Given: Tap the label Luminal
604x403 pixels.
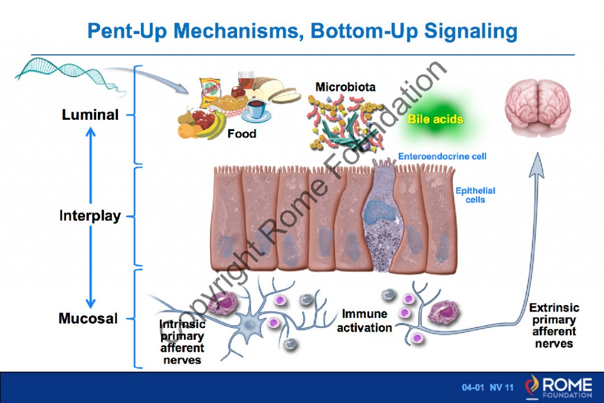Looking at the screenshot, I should pos(90,114).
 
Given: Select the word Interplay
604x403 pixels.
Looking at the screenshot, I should pos(90,216).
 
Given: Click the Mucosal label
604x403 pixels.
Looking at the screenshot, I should pos(88,319).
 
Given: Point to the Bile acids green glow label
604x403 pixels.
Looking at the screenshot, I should pos(436,120).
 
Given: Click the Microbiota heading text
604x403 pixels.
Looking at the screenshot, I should pos(345,87).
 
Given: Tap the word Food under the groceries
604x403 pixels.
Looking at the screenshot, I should pos(242,134).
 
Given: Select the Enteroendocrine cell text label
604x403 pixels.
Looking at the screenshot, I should pos(442,156).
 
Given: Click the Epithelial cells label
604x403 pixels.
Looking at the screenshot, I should pos(475,195).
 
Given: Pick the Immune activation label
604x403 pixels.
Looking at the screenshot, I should pos(364,320).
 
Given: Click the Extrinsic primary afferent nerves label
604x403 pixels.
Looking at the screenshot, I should pos(554,325).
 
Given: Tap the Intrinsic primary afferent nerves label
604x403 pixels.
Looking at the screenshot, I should pos(182,342).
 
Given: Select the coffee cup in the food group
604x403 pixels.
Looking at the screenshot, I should pos(255,110).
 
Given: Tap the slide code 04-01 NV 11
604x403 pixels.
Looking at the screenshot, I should pos(487,388).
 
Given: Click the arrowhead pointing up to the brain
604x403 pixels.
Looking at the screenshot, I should pos(537,162).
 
